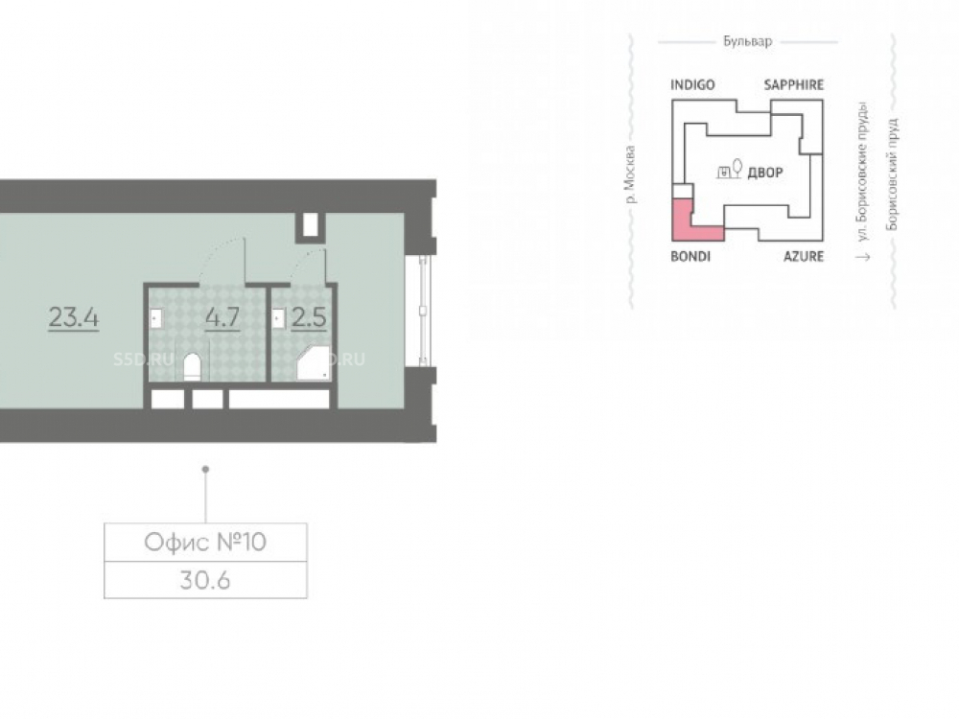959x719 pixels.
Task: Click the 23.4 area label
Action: point(74,317)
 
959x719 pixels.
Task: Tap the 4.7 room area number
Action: point(222,316)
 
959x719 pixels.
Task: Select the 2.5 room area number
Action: point(308,316)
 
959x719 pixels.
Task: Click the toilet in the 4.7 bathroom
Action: point(192,367)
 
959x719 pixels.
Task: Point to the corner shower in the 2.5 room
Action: point(314,363)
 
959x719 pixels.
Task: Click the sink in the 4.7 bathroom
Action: point(156,318)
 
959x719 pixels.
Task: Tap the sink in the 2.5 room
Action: point(279,318)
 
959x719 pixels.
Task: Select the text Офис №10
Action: point(205,542)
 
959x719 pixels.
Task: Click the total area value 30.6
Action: point(205,580)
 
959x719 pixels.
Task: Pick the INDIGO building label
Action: point(692,85)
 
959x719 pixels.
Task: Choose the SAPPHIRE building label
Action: point(793,85)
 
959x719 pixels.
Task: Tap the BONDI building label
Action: point(690,256)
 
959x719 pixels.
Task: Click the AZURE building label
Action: point(804,256)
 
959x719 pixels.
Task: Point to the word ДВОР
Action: point(765,173)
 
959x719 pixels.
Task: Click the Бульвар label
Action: point(747,41)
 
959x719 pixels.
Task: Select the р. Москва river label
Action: point(630,174)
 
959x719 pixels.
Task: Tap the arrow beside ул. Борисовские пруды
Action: point(863,256)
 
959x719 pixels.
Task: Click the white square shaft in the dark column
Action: point(310,225)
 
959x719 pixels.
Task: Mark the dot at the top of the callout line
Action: point(205,469)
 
